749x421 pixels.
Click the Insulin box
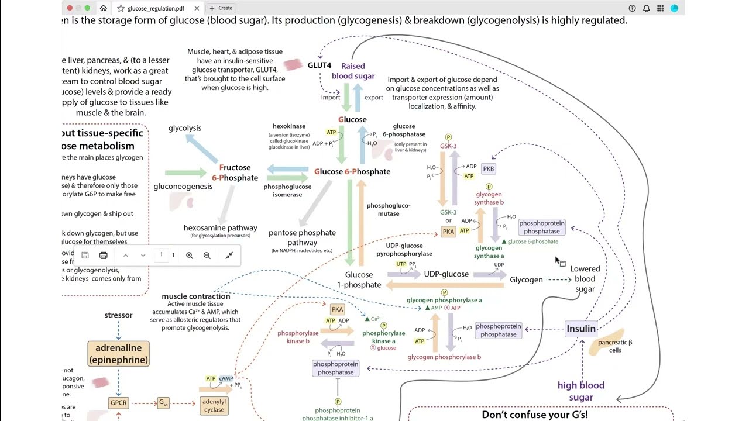pos(580,329)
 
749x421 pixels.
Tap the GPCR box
pos(118,403)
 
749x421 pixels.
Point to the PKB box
pos(488,168)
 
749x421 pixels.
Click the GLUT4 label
pos(319,65)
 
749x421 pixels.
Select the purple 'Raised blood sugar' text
pos(353,71)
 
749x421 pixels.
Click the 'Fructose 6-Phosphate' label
pos(235,172)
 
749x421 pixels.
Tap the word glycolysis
pos(185,128)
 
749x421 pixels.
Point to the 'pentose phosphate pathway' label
pos(302,237)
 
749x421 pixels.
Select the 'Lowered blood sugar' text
pos(585,279)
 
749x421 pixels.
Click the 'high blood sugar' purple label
pos(580,391)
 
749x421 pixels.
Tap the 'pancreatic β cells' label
pos(615,346)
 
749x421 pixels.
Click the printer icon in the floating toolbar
pos(104,256)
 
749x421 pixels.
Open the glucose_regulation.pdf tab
pos(156,8)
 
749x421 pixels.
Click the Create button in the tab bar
pos(222,8)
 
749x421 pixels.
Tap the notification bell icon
pos(646,8)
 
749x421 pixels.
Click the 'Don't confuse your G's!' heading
pos(534,415)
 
